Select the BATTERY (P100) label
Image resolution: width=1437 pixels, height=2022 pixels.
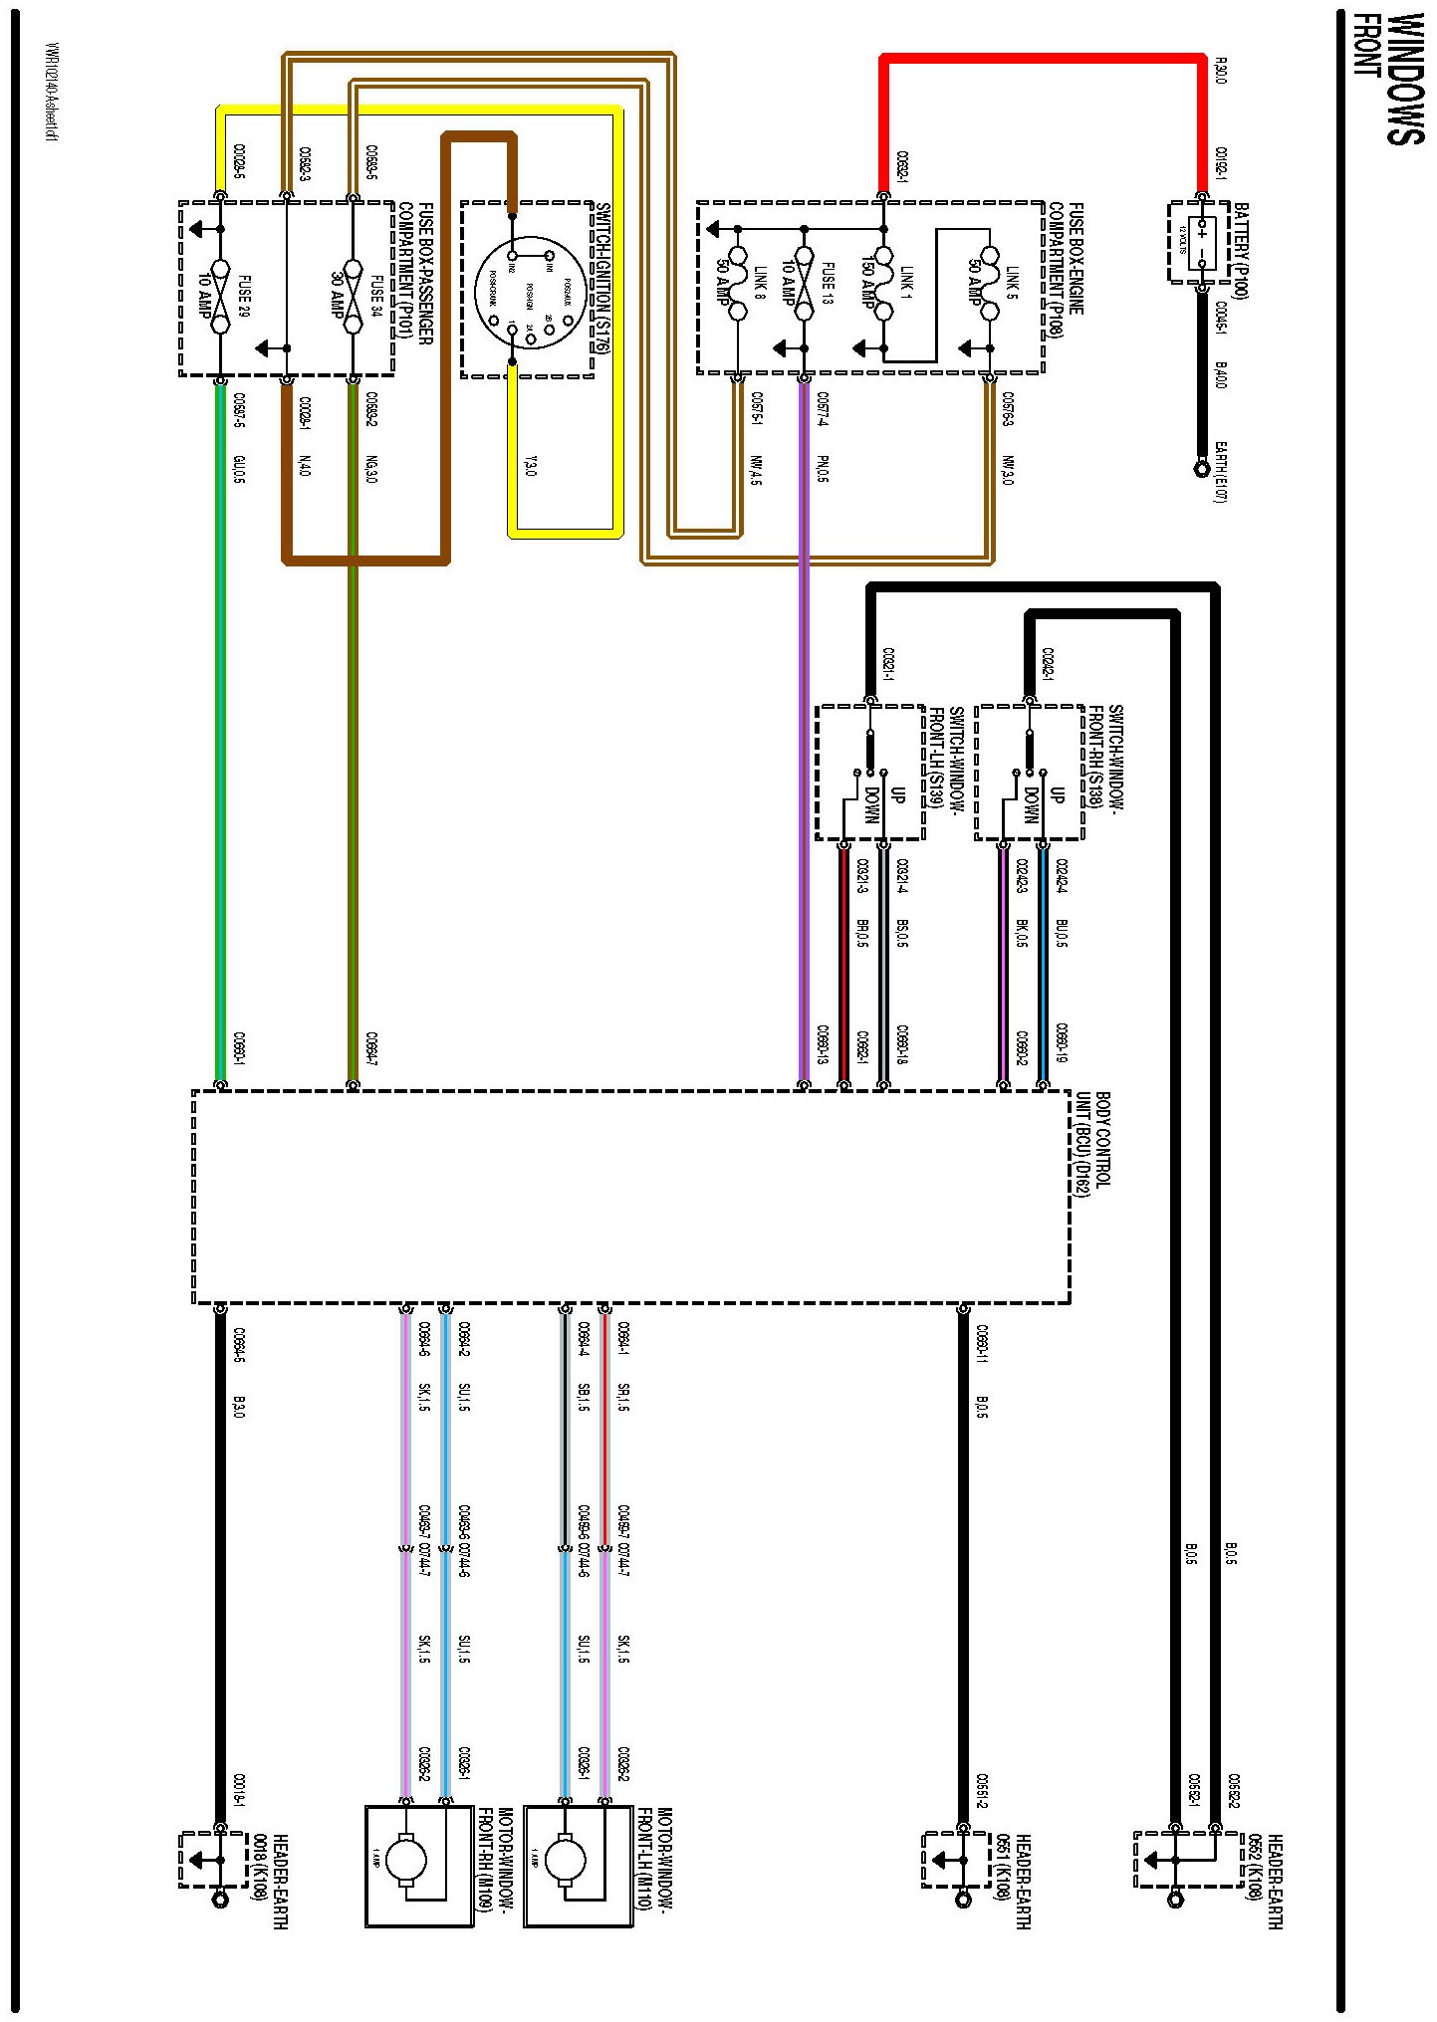[1241, 250]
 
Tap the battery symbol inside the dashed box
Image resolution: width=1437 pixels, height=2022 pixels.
[1201, 242]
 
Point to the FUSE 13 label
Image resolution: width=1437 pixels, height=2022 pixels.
[828, 283]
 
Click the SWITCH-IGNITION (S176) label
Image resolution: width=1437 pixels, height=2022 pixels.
[602, 278]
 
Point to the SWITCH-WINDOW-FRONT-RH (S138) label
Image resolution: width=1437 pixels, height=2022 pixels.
[1105, 757]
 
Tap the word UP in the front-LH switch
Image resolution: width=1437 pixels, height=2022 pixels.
[898, 793]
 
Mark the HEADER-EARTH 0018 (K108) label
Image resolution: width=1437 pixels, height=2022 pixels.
[271, 1881]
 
